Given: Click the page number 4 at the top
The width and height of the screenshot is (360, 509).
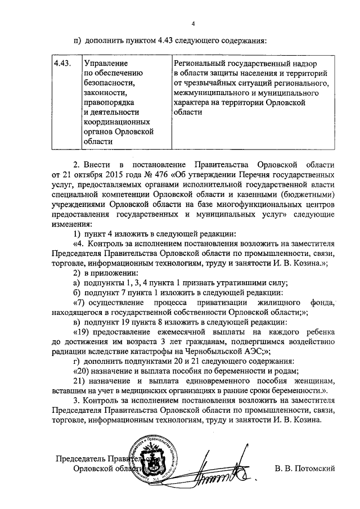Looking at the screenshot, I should pos(193,24).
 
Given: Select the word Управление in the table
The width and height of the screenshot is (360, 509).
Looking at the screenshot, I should pos(106,63).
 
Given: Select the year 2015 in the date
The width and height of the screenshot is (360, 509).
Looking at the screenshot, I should pos(108,174).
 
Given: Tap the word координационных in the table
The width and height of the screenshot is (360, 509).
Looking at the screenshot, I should pos(116,121).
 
